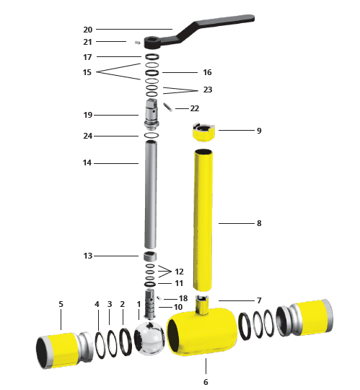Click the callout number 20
click(88, 30)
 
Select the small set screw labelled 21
click(137, 43)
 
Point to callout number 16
click(207, 72)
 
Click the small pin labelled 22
click(167, 107)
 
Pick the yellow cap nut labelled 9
click(203, 132)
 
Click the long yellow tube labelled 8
click(203, 220)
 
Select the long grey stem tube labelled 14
click(151, 194)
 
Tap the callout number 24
click(88, 136)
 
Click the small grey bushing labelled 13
click(150, 256)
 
